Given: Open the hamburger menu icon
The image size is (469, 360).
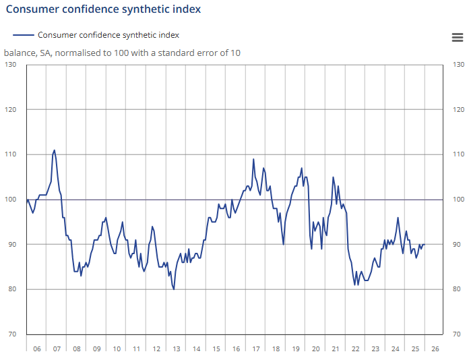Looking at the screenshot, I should pyautogui.click(x=457, y=37).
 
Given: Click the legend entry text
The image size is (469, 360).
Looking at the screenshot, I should pyautogui.click(x=108, y=35).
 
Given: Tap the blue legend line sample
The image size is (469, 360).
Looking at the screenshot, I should pyautogui.click(x=24, y=35).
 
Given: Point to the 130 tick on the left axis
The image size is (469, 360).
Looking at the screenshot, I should pyautogui.click(x=11, y=65).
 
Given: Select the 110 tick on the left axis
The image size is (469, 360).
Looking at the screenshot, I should pyautogui.click(x=11, y=154).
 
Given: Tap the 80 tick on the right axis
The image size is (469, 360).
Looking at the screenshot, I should pyautogui.click(x=458, y=289).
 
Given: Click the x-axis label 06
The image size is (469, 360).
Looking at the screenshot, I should pyautogui.click(x=36, y=349).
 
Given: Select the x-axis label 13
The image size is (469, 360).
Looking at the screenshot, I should pyautogui.click(x=177, y=349).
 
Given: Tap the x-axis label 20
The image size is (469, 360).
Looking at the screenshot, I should pyautogui.click(x=315, y=349).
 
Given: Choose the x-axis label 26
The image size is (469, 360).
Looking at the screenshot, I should pyautogui.click(x=435, y=349).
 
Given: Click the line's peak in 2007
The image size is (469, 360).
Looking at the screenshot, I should pyautogui.click(x=55, y=150).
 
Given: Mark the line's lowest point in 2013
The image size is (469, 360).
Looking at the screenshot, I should pyautogui.click(x=174, y=289).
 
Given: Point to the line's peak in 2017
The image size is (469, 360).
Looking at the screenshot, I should pyautogui.click(x=253, y=159).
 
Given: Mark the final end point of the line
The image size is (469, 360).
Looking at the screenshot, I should pyautogui.click(x=425, y=245).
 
